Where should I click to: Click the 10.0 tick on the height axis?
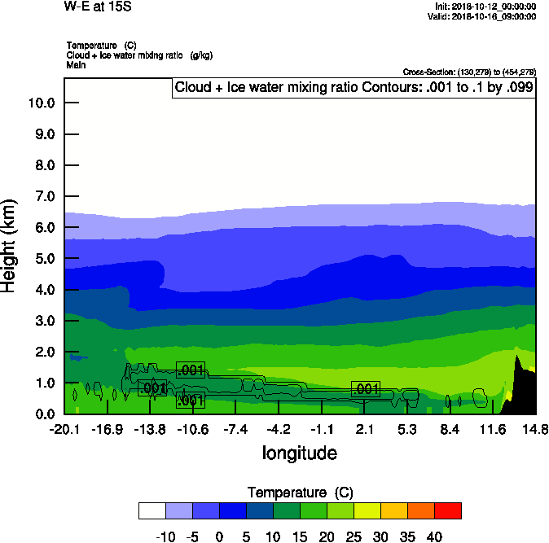(x=41, y=103)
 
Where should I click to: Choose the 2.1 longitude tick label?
(x=364, y=429)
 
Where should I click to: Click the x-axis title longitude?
(x=299, y=453)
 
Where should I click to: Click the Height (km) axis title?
(x=10, y=246)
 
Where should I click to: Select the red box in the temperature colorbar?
(x=447, y=510)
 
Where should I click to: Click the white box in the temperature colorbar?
(x=152, y=510)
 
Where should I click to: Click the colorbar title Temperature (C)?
(x=299, y=492)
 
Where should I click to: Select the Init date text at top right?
(x=485, y=7)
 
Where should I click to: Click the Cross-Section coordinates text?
(x=469, y=72)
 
